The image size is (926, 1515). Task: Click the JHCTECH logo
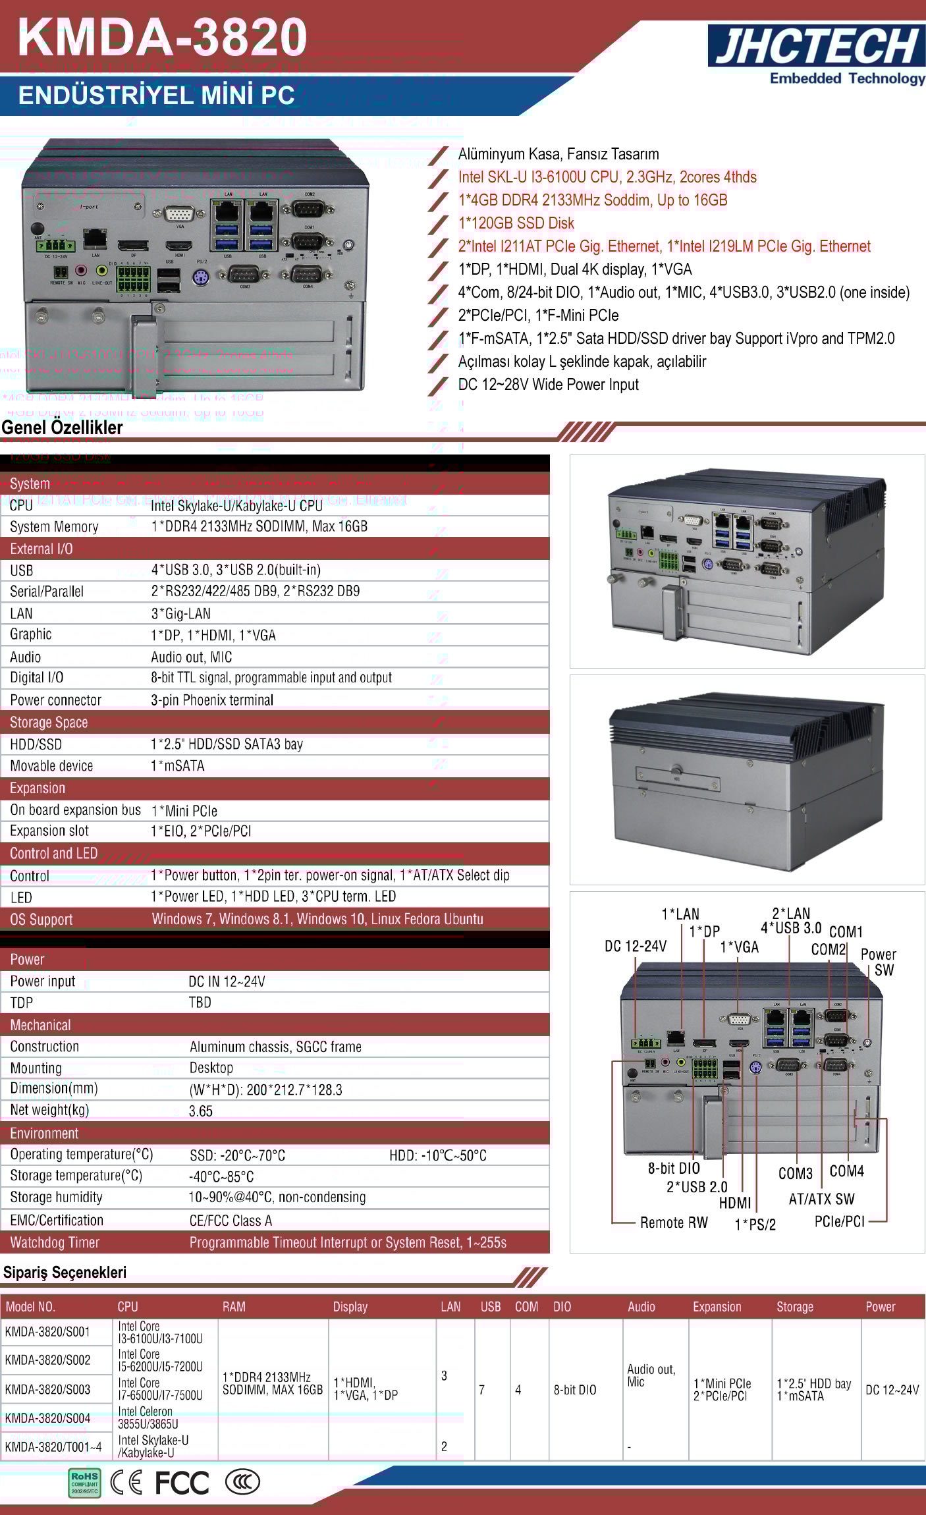817,46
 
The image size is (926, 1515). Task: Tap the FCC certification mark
182,1483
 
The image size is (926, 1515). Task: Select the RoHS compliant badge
84,1483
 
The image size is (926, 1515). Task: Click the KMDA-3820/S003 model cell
47,1389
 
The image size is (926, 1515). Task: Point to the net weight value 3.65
201,1111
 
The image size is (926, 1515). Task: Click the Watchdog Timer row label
55,1243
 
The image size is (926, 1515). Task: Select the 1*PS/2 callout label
755,1225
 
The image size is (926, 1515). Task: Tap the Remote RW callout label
674,1223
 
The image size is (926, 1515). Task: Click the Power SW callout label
878,962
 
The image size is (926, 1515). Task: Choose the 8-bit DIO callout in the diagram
674,1169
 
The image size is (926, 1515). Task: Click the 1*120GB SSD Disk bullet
516,223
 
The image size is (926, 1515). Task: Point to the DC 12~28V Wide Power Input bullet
549,385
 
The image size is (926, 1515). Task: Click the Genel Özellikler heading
62,427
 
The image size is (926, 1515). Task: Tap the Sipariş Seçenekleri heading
65,1273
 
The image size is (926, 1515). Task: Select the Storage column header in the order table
794,1307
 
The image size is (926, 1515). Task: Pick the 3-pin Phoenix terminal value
212,700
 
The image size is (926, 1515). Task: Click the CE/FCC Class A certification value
231,1221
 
